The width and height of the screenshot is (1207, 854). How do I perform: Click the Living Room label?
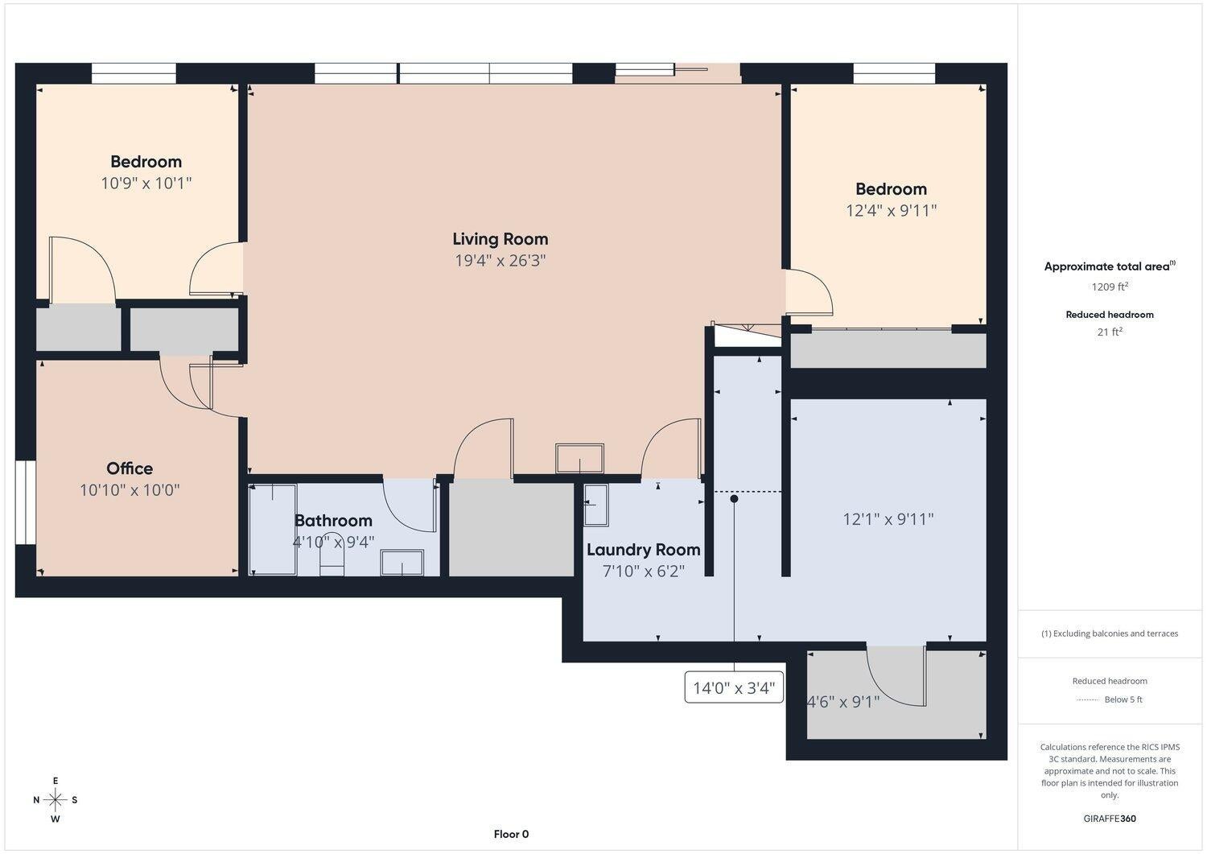point(500,239)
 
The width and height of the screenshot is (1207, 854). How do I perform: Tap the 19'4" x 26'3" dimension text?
point(500,261)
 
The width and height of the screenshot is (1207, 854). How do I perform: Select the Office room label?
point(130,468)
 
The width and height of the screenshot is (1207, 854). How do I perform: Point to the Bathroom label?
point(333,521)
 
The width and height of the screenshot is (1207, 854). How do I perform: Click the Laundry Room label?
point(643,550)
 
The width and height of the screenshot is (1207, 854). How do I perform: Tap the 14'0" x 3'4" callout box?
point(734,688)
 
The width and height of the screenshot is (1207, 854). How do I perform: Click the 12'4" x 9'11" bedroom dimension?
point(891,211)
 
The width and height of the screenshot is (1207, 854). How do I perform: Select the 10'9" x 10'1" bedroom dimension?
point(146,184)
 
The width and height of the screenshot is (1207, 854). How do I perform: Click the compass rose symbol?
point(56,800)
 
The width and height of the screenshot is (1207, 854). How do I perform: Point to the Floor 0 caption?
point(511,835)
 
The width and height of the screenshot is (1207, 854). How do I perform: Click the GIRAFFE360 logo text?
point(1110,819)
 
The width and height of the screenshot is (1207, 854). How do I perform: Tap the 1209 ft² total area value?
point(1110,287)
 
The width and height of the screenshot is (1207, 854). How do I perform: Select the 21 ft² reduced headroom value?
point(1110,332)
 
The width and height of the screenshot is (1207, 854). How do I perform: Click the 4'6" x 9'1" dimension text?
point(842,702)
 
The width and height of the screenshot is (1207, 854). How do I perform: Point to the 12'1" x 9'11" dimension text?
point(888,519)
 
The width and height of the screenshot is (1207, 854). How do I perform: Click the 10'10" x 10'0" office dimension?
point(130,490)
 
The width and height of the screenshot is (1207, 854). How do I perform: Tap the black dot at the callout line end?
point(734,499)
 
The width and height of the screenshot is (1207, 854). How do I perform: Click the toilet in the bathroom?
point(332,561)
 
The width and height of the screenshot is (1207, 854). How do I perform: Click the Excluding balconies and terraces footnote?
point(1110,633)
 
